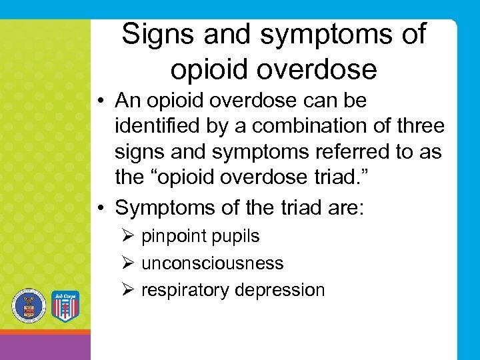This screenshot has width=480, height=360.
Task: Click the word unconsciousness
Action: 212,263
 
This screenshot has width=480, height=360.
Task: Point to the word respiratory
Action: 181,290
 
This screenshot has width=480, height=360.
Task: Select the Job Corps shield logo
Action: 65,307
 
